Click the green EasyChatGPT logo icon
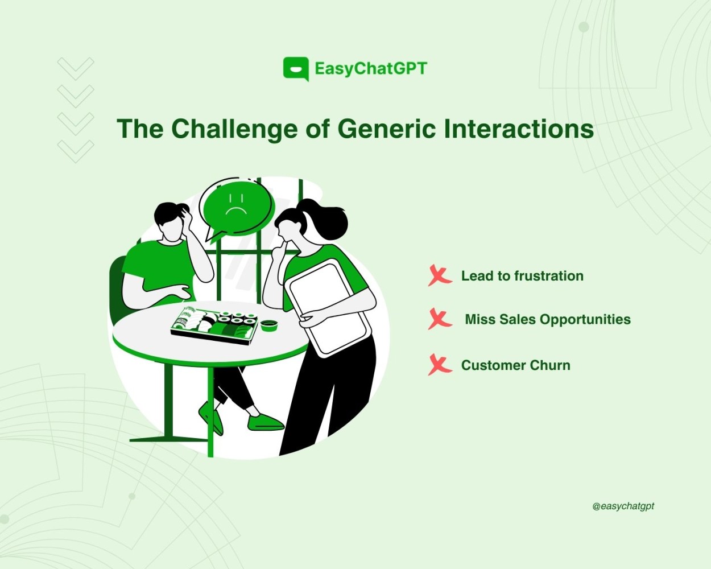point(296,69)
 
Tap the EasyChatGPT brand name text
point(371,69)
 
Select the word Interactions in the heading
point(519,129)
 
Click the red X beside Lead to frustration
point(440,275)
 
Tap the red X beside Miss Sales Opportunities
point(440,319)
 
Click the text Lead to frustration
point(522,276)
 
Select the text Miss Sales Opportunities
point(548,319)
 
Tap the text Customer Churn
point(516,365)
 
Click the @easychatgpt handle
point(623,506)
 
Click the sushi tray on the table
point(215,325)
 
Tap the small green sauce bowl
point(269,325)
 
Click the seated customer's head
point(172,221)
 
